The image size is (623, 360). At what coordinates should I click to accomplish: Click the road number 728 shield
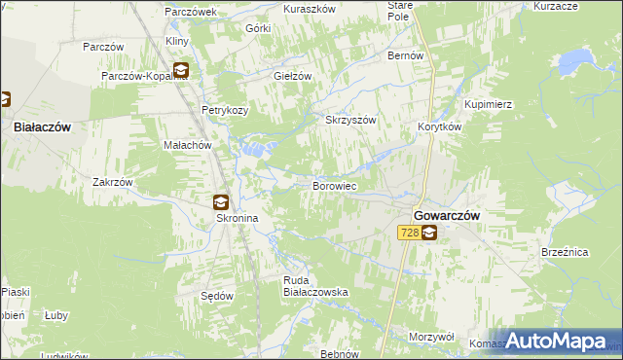point(409,233)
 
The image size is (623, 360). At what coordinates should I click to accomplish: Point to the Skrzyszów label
point(349,120)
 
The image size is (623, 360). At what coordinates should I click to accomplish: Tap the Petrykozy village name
point(225,110)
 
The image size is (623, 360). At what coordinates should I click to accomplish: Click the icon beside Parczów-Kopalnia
point(181,70)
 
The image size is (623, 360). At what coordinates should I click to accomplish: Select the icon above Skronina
point(221,202)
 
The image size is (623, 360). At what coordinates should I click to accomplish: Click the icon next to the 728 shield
point(429,233)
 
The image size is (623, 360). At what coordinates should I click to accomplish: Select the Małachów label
point(187,144)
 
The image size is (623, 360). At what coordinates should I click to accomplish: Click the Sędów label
point(216,295)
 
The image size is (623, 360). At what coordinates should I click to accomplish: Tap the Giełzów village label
point(292,76)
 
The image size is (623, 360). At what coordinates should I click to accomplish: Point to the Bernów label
point(406,56)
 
